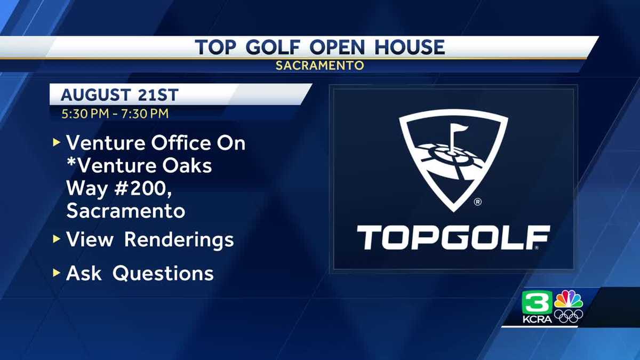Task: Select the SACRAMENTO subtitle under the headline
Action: click(x=320, y=66)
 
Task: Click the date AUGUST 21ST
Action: click(x=119, y=95)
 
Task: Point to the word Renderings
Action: click(x=179, y=239)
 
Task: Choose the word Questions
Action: click(x=163, y=273)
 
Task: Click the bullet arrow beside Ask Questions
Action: click(x=57, y=273)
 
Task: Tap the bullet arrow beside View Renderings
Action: click(x=57, y=239)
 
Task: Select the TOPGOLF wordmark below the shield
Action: click(x=453, y=238)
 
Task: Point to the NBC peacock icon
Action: click(x=569, y=299)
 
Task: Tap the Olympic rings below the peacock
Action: click(x=569, y=316)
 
